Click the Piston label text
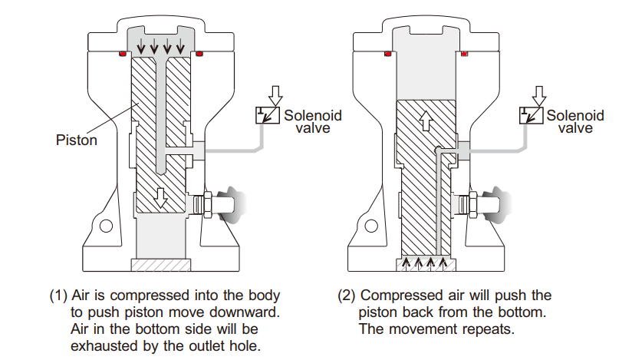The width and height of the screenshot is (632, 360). pyautogui.click(x=77, y=140)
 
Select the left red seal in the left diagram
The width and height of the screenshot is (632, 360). pyautogui.click(x=122, y=54)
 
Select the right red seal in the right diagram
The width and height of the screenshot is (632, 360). pyautogui.click(x=466, y=54)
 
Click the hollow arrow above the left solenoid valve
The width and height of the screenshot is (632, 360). pyautogui.click(x=277, y=94)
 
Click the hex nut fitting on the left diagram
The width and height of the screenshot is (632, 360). pyautogui.click(x=205, y=205)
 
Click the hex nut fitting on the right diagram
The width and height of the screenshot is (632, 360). pyautogui.click(x=469, y=205)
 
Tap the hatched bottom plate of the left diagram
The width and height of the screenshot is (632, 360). pyautogui.click(x=160, y=265)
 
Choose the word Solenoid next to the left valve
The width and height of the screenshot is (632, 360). pyautogui.click(x=313, y=116)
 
